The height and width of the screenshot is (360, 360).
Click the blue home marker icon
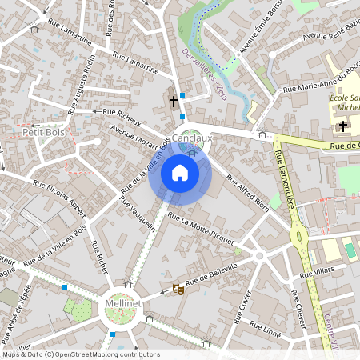(x=179, y=173)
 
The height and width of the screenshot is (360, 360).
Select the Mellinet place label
(x=123, y=304)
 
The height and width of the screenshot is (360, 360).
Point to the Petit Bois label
(x=43, y=131)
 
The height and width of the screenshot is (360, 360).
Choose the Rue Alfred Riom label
(x=247, y=191)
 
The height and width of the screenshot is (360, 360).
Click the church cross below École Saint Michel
(x=343, y=126)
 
